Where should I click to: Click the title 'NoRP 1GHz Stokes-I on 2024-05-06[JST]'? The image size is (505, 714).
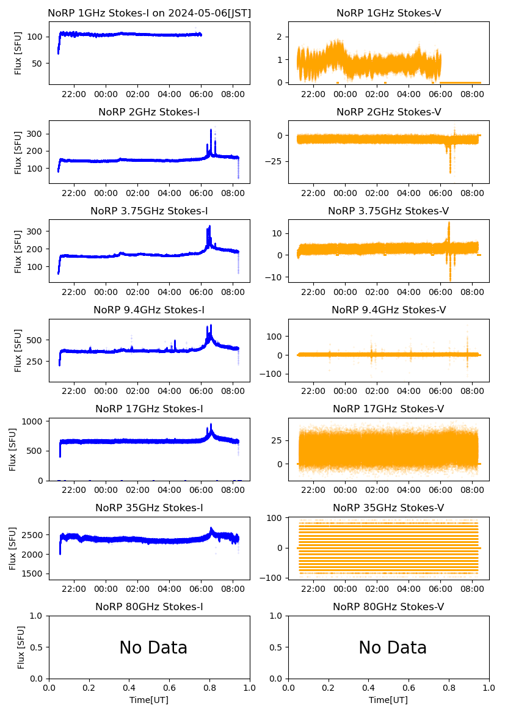tap(149, 13)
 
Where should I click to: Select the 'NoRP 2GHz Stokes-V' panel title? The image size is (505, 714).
tap(388, 112)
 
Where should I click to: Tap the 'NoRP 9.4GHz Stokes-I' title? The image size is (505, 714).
tap(149, 310)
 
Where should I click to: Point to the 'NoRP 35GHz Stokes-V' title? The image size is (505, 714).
tap(388, 508)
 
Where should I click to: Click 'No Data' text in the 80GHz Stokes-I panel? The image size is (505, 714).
tap(153, 647)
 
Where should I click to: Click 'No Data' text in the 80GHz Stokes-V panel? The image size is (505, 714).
tap(393, 647)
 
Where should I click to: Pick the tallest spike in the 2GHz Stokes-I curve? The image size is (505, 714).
tap(211, 130)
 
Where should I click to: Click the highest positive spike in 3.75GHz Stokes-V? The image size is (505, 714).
tap(449, 223)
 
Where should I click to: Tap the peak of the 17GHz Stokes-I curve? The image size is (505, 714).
tap(211, 424)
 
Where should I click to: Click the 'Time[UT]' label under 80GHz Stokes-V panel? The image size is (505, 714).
tap(388, 700)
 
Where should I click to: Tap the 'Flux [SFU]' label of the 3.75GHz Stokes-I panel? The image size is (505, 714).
tap(18, 251)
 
